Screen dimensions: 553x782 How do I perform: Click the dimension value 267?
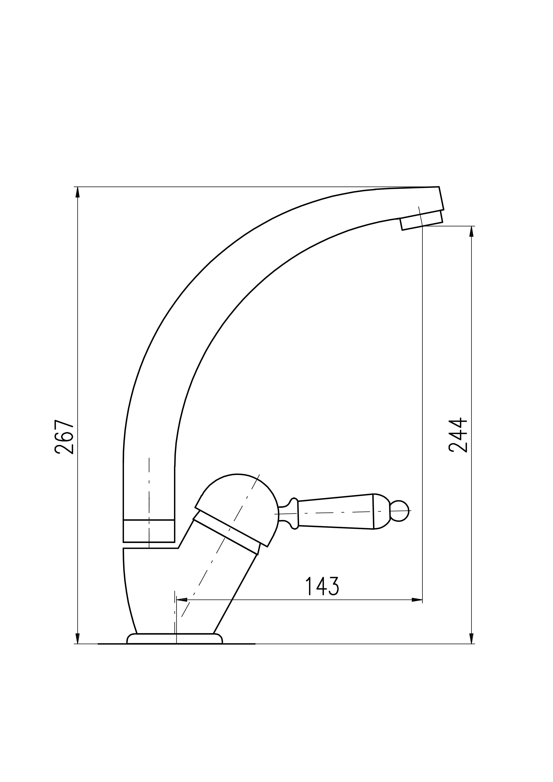[x=64, y=437]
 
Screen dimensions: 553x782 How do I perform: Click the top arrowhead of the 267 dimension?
[x=78, y=192]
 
